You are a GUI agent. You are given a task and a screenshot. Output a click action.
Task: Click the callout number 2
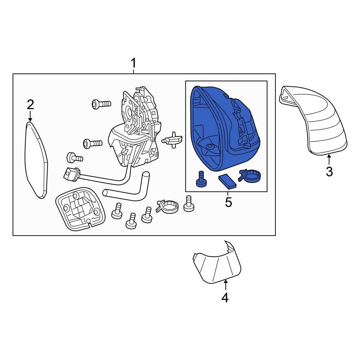(30, 105)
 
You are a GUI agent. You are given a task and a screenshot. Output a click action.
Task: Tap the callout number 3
(329, 171)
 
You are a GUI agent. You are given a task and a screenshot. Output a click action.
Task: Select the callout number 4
(225, 298)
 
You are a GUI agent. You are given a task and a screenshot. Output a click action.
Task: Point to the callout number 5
(229, 202)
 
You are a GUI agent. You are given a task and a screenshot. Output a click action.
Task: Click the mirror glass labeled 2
(36, 160)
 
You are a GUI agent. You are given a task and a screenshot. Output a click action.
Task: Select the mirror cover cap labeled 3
(313, 121)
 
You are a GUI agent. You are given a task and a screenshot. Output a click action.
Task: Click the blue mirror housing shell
(225, 129)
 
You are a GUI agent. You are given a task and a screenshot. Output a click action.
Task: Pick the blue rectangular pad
(228, 182)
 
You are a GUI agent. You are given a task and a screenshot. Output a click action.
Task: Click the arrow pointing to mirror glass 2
(30, 116)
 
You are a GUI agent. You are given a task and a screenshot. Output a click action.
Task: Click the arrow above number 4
(225, 285)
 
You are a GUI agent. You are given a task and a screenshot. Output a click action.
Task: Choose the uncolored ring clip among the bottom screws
(167, 205)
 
